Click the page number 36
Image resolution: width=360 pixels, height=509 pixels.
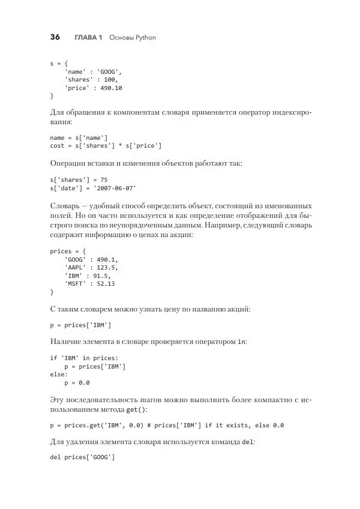click(55, 37)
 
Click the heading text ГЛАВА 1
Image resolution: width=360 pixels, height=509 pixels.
click(88, 37)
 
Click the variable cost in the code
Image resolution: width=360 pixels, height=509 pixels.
click(57, 146)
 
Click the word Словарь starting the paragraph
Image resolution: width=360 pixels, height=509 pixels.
click(64, 205)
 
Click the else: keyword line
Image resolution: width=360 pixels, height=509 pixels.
click(59, 374)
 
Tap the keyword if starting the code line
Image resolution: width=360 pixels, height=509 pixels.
click(53, 357)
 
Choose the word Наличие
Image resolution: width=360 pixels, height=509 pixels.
click(67, 341)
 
